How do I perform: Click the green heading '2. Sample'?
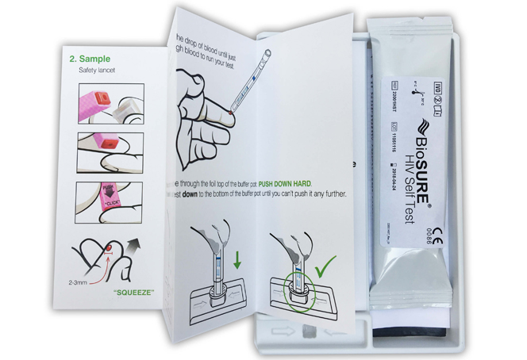[94, 59]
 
